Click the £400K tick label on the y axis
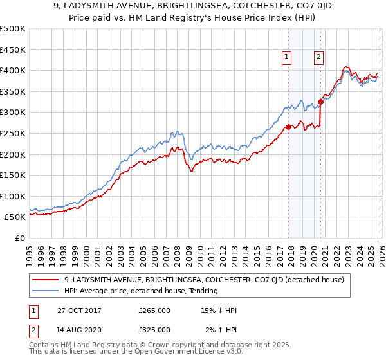(x=13, y=70)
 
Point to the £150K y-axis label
(x=13, y=175)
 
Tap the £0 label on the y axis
(x=19, y=238)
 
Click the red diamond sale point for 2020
(x=320, y=102)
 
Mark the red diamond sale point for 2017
(x=288, y=127)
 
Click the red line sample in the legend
(x=46, y=280)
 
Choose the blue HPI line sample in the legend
(x=46, y=291)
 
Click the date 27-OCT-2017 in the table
(x=78, y=310)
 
